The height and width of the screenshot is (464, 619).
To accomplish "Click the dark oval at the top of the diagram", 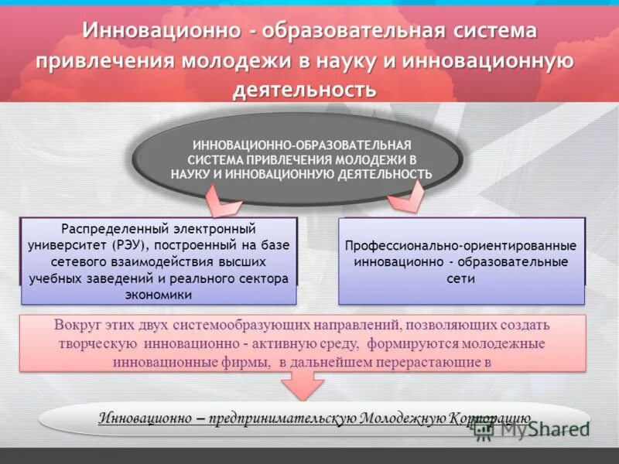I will tap(301, 159).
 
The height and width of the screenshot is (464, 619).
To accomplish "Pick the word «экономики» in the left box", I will tap(158, 295).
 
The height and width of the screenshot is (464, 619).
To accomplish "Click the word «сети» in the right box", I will tap(460, 278).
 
